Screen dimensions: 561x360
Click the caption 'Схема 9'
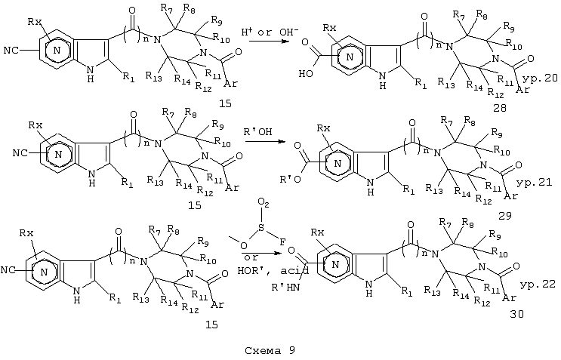click(270, 350)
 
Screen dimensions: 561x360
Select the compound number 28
click(499, 108)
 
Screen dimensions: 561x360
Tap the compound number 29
click(504, 216)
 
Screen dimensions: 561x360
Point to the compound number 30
click(516, 314)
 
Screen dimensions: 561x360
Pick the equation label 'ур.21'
click(535, 183)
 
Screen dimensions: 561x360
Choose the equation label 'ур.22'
click(538, 285)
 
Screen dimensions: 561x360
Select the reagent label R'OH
click(257, 132)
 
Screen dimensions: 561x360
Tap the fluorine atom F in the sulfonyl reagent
click(282, 242)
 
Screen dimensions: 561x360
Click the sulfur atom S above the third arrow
click(261, 228)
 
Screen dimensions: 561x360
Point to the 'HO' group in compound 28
click(306, 74)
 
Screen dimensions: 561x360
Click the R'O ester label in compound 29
click(290, 178)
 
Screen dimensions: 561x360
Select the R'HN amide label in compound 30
click(286, 288)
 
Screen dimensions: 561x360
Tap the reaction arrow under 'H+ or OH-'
click(269, 41)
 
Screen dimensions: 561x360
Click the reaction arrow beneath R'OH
click(265, 142)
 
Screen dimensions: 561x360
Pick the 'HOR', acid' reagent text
click(273, 271)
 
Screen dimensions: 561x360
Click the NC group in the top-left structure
click(11, 51)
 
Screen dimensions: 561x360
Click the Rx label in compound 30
click(317, 232)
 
